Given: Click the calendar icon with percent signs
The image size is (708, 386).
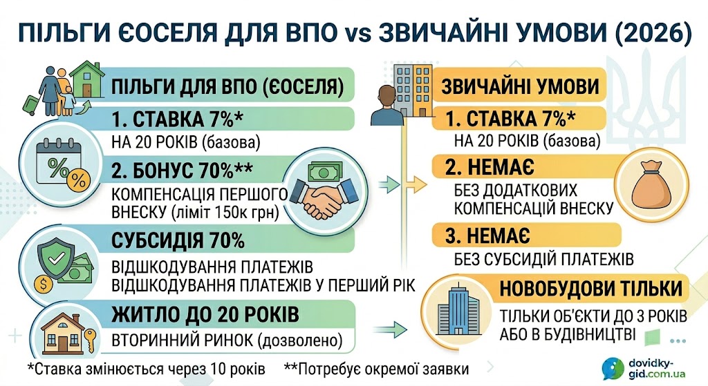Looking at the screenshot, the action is click(x=62, y=164).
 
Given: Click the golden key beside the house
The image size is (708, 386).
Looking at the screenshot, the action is click(x=90, y=341).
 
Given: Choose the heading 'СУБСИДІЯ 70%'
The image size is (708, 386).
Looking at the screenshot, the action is click(x=178, y=241).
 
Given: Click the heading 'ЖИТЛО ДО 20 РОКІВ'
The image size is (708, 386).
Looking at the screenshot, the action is click(x=205, y=314).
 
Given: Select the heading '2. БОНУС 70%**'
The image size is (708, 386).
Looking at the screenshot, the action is click(x=182, y=171).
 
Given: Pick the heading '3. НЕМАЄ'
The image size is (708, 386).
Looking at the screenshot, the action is click(x=487, y=236).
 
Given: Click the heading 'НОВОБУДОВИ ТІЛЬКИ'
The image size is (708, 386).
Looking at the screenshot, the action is click(x=590, y=289).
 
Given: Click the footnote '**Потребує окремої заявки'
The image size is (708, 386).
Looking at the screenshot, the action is click(x=377, y=369).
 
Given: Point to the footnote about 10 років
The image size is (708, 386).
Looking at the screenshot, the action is click(x=147, y=369).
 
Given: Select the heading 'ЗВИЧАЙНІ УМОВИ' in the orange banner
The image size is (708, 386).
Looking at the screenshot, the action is click(x=520, y=86).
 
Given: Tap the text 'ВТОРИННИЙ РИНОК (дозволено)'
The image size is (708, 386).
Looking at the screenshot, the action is click(x=227, y=340).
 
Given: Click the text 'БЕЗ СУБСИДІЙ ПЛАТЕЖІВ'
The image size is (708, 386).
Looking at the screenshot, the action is click(x=544, y=259).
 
